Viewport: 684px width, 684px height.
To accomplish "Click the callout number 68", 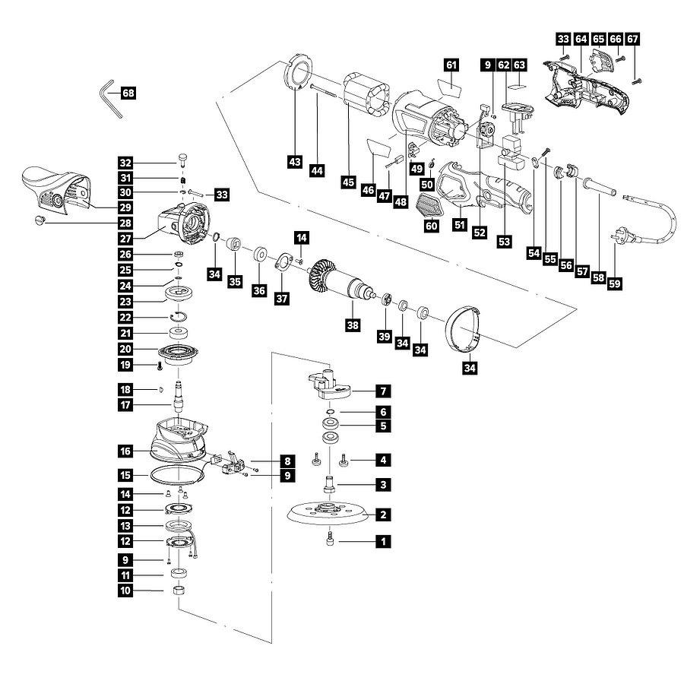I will (128, 93).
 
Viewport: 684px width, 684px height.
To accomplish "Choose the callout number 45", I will (349, 182).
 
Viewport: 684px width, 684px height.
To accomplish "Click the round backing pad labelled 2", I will (330, 515).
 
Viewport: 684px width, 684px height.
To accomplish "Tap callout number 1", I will (385, 542).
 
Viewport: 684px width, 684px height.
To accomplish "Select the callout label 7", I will (385, 391).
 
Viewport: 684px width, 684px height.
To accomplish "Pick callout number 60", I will (432, 225).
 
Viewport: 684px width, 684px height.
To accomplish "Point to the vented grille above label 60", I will (431, 204).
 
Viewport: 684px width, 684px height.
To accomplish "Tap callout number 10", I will (125, 589).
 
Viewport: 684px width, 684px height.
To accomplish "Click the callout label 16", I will (125, 451).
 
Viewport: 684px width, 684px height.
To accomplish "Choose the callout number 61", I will (451, 65).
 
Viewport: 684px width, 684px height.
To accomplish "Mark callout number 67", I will (634, 39).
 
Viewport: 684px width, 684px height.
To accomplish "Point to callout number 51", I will (459, 225).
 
